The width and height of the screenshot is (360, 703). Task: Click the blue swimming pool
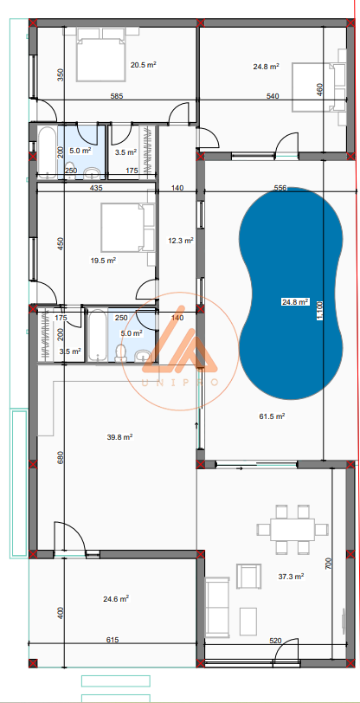click(x=291, y=293)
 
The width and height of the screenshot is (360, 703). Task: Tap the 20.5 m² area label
click(x=143, y=65)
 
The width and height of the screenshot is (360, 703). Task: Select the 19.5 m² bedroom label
click(x=103, y=261)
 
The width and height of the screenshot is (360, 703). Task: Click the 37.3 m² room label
click(x=291, y=577)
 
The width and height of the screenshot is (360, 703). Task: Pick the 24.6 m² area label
click(x=116, y=598)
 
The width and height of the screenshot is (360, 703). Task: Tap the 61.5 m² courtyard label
click(x=272, y=416)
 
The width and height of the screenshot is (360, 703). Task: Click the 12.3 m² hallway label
click(x=180, y=241)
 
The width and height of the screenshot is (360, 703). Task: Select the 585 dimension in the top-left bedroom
click(x=117, y=96)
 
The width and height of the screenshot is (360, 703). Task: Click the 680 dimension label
click(x=61, y=457)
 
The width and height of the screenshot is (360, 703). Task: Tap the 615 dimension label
click(x=112, y=640)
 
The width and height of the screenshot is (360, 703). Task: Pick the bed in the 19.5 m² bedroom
click(x=128, y=227)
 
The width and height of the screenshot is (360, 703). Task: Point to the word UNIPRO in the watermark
click(x=180, y=383)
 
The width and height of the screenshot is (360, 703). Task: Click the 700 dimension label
click(x=328, y=563)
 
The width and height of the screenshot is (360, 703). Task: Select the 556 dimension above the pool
click(x=280, y=189)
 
